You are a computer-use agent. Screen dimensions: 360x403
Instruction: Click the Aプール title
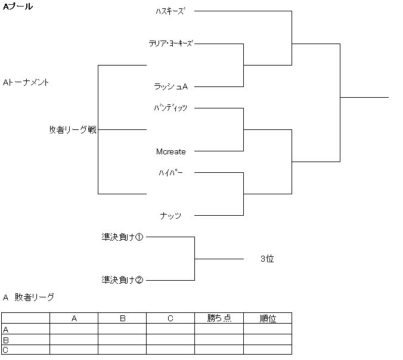(x=18, y=7)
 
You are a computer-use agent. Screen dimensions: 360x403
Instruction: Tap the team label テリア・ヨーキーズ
(x=171, y=43)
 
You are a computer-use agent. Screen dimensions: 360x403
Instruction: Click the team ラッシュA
(x=171, y=86)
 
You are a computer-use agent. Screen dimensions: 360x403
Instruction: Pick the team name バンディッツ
(x=170, y=108)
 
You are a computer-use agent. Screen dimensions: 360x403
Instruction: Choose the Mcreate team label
(x=171, y=151)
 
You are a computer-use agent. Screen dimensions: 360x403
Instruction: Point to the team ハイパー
(x=171, y=172)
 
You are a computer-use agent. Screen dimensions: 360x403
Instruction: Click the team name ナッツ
(x=170, y=216)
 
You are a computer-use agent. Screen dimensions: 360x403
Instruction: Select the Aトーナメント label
(x=26, y=82)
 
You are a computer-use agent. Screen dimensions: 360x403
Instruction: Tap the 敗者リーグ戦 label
(x=73, y=129)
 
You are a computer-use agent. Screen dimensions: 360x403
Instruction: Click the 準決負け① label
(x=122, y=237)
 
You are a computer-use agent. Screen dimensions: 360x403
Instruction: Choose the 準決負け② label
(x=122, y=280)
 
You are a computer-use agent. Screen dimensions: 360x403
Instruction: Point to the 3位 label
(x=267, y=259)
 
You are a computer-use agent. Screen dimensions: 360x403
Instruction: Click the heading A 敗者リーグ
(x=29, y=297)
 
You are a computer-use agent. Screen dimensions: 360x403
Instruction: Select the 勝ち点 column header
(x=219, y=318)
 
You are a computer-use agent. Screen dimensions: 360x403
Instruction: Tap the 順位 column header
(x=267, y=318)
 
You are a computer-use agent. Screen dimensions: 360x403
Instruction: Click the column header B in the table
(x=122, y=318)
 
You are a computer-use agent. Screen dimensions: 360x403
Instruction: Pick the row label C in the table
(x=6, y=350)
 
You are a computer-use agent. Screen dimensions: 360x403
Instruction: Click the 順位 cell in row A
(x=267, y=329)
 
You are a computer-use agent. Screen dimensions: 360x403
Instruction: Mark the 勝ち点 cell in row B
(x=219, y=340)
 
